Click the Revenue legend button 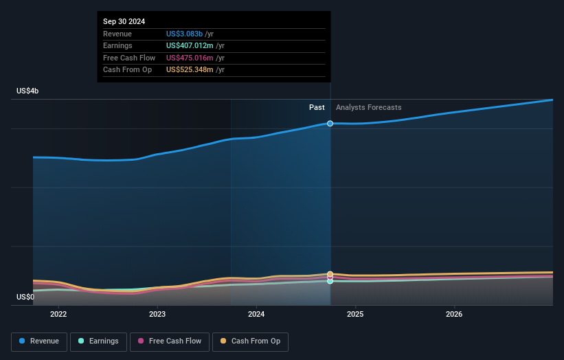(x=39, y=341)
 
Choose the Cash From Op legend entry (x=250, y=341)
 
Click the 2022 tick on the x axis (x=58, y=315)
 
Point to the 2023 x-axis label (x=157, y=315)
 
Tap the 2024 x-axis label (x=256, y=315)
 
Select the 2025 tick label (x=355, y=315)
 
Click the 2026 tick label (x=454, y=315)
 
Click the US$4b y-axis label (x=28, y=91)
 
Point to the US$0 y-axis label (x=26, y=297)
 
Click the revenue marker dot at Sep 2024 (x=330, y=124)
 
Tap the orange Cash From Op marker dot (x=330, y=274)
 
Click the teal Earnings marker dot (x=330, y=281)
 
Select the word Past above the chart (x=317, y=107)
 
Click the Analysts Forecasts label (x=368, y=107)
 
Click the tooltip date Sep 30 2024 (x=124, y=22)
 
